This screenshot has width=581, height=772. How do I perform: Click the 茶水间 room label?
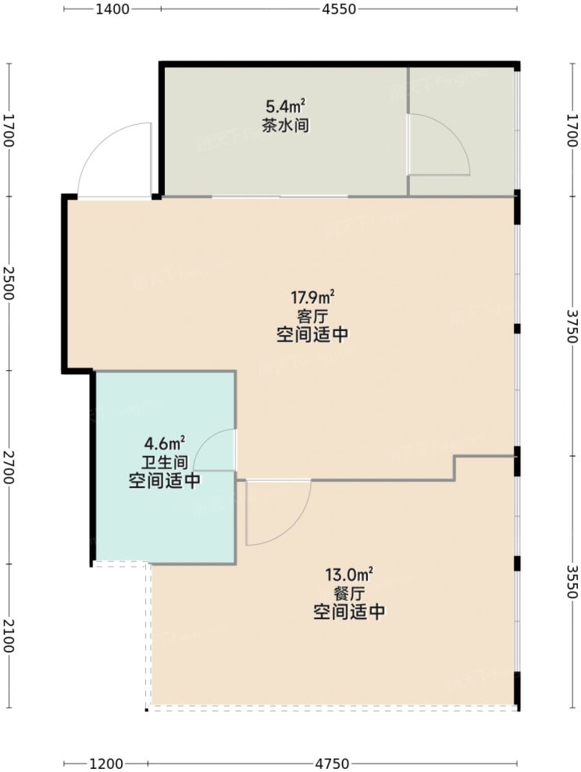pos(282,124)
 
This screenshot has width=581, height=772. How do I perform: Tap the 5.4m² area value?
pos(282,105)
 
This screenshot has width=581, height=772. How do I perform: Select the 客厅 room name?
pos(312,316)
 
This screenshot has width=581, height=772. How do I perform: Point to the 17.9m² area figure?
pos(312,297)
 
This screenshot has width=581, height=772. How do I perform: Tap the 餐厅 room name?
pos(348,594)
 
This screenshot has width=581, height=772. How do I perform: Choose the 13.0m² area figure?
pos(348,575)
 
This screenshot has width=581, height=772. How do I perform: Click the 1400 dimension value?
pos(112,9)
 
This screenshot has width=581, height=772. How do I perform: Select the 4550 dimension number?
pos(338,9)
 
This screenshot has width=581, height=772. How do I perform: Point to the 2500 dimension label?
pos(9,283)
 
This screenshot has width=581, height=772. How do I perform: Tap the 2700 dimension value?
pos(9,467)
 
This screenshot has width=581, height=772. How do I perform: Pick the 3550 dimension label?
pos(572,582)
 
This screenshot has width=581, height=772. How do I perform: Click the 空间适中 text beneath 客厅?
pos(312,336)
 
